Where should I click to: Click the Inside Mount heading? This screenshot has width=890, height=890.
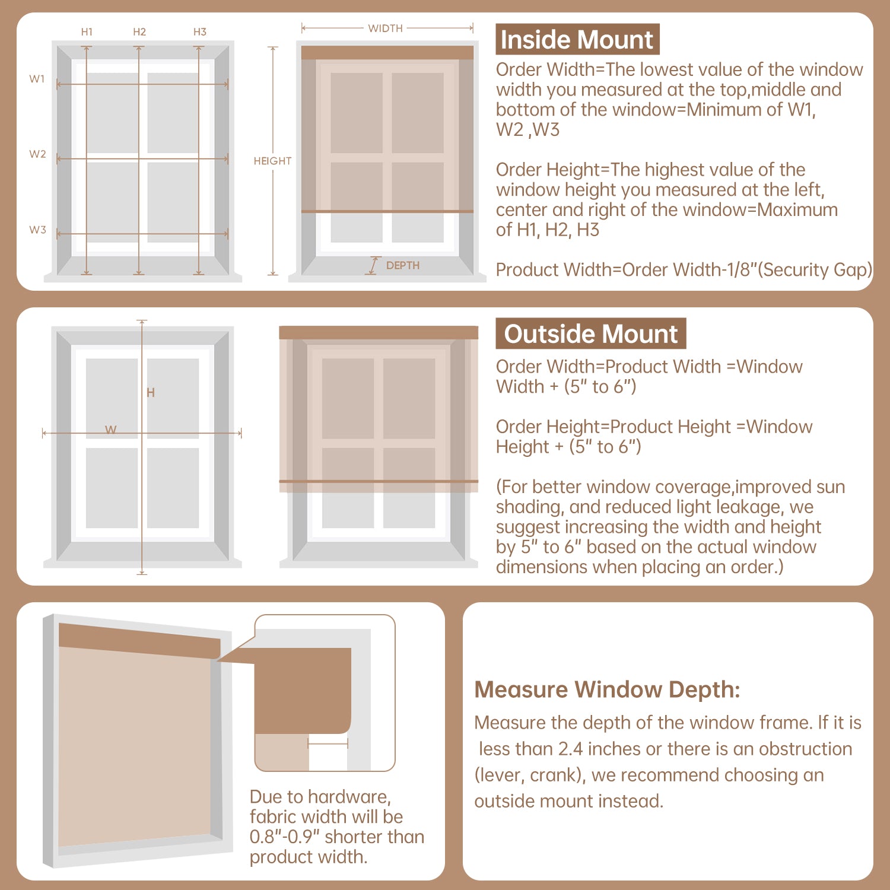(577, 40)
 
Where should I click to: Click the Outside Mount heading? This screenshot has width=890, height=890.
(590, 334)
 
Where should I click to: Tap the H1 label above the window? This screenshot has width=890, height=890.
(87, 32)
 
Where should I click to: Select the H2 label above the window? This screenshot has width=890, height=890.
(139, 32)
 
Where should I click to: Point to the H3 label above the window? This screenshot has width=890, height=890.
(200, 32)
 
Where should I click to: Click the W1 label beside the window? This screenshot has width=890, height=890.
(37, 79)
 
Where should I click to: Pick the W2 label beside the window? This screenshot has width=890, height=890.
(37, 154)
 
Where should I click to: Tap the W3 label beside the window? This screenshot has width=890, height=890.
(37, 230)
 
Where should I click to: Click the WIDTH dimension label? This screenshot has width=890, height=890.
(385, 28)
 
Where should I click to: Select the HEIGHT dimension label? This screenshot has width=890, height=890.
(272, 161)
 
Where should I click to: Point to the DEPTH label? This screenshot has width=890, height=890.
(403, 266)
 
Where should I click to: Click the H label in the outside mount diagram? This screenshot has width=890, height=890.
(151, 392)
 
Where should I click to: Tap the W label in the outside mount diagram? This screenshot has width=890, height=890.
(111, 430)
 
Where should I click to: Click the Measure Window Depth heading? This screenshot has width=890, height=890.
(607, 689)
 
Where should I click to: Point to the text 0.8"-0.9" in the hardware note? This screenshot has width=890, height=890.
(285, 837)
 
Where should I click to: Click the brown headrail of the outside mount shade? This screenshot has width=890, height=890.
(379, 333)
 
